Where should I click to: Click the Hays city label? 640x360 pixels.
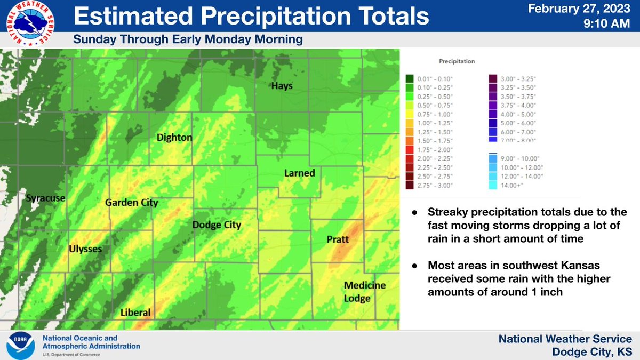click(282, 86)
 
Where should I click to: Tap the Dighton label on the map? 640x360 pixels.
click(174, 138)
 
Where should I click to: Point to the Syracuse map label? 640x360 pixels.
click(45, 198)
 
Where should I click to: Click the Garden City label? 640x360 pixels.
click(131, 203)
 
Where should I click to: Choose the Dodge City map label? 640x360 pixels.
click(217, 225)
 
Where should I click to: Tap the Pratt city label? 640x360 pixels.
click(337, 240)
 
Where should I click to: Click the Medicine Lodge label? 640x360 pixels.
click(364, 292)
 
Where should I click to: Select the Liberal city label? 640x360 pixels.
click(135, 313)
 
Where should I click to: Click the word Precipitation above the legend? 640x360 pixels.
click(457, 61)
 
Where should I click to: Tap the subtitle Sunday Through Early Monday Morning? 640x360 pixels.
click(188, 39)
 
